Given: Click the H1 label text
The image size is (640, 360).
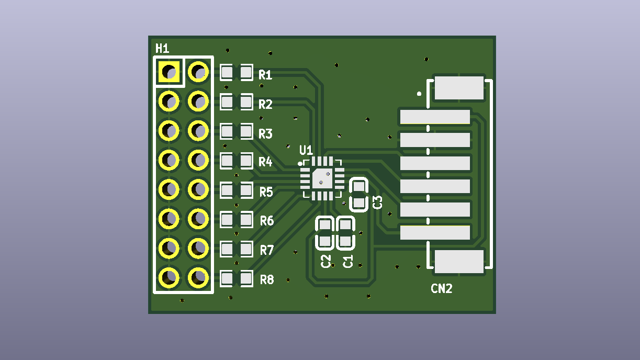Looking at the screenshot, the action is (162, 49).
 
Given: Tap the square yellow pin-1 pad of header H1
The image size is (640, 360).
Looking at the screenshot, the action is (169, 72).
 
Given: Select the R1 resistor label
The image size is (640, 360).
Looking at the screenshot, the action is (265, 75).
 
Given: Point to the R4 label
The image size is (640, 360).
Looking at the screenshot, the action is (265, 162).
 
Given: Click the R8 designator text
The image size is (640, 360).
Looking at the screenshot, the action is (267, 279).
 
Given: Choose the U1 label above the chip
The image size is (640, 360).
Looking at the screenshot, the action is (306, 150).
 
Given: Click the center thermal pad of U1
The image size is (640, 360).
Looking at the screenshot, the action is (322, 178).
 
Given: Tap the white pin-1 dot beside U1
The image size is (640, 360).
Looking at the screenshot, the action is (300, 164).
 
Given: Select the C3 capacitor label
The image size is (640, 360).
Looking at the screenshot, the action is (377, 203).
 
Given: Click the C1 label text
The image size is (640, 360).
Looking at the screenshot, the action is (347, 262).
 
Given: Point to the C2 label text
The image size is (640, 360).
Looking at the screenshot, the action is (325, 262).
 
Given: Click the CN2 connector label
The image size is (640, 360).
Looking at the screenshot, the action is (442, 288).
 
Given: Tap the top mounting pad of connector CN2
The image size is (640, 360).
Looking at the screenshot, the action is (459, 88).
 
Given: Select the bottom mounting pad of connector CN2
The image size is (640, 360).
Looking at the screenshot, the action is (459, 262).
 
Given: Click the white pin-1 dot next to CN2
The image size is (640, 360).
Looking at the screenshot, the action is (419, 94).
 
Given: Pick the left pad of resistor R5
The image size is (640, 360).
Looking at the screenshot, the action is (227, 190).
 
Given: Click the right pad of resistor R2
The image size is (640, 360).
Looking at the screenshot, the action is (246, 102).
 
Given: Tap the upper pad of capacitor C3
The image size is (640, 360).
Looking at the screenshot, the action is (359, 187).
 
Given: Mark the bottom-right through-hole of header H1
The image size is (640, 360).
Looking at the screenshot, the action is (198, 278).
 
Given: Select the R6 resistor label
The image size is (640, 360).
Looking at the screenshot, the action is (267, 221).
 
